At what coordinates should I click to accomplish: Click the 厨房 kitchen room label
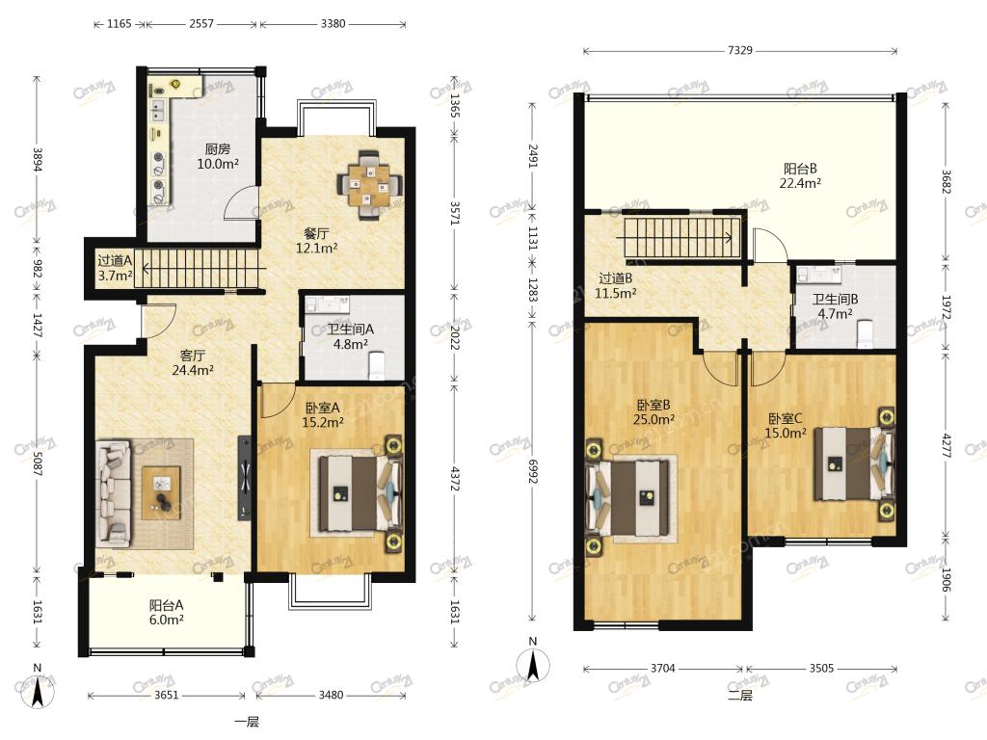point(218,149)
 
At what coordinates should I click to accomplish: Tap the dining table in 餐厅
point(370,184)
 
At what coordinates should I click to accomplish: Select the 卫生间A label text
point(351,330)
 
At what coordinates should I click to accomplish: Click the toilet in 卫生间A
point(378,365)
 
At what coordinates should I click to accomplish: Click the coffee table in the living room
point(162,492)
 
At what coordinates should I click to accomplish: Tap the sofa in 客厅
point(114,492)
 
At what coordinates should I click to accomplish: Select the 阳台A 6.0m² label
point(166,612)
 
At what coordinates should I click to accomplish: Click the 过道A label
point(115,260)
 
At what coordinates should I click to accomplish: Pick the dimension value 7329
point(739,50)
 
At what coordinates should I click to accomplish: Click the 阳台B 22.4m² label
point(800,175)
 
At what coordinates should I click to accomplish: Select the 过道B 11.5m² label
point(616,285)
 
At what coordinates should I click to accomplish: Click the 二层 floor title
point(739,696)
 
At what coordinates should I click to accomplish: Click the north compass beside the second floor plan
point(532,665)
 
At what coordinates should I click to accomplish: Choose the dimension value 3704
point(662,669)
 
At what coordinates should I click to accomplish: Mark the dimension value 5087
point(38,462)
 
